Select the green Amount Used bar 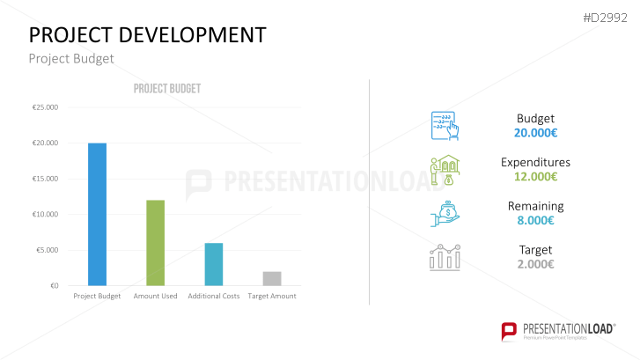coord(155,242)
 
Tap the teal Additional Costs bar coord(213,264)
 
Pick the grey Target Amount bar coord(272,278)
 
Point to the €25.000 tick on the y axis coord(45,107)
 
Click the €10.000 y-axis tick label coord(45,215)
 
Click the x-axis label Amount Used coord(155,297)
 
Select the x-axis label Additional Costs coord(214,297)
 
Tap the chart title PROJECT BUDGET coord(167,89)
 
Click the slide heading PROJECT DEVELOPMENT coord(148,34)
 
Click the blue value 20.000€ coord(535,133)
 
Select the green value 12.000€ coord(535,176)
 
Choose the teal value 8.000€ coord(535,220)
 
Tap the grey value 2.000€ coord(535,264)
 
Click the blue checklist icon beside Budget coord(445,126)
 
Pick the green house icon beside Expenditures coord(445,169)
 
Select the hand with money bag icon coord(445,212)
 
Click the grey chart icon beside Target coord(445,257)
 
